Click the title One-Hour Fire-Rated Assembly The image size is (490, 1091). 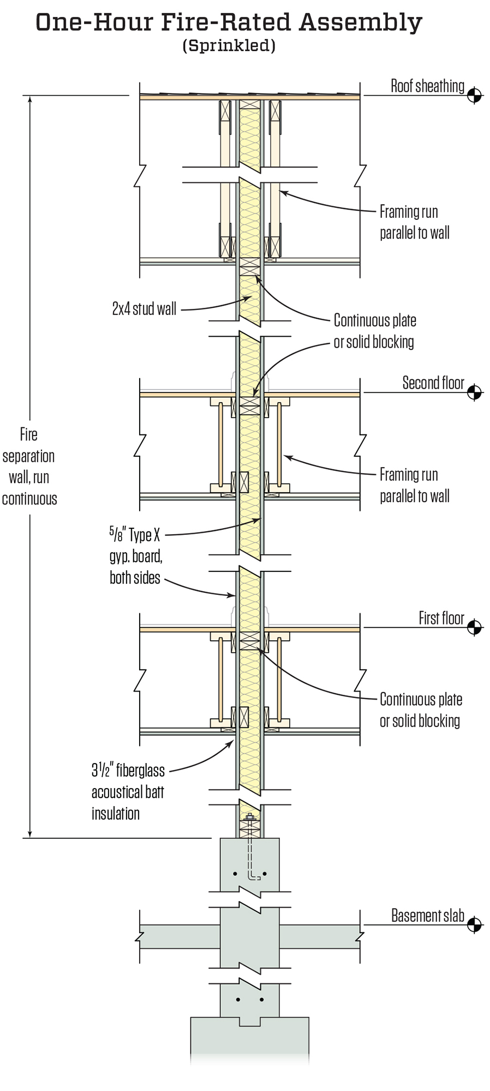pos(229,23)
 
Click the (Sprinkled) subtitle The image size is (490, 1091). pos(229,46)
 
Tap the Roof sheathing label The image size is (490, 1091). pos(427,86)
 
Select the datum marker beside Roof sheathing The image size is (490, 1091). pos(474,95)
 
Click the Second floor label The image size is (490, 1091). pos(433,383)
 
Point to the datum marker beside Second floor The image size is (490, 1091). pos(474,392)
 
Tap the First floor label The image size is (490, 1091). pos(441,618)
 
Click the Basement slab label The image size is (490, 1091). pos(427,916)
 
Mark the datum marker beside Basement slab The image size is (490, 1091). pos(474,925)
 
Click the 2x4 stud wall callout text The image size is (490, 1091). pos(144,309)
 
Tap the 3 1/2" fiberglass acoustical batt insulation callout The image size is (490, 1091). pos(128,792)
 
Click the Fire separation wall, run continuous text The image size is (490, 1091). pos(29,467)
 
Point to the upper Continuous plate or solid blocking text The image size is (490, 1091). pos(374,331)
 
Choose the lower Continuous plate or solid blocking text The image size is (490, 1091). pos(420,710)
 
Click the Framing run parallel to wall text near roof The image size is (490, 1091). pos(414,222)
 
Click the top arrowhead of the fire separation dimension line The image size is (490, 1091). pos(29,99)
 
